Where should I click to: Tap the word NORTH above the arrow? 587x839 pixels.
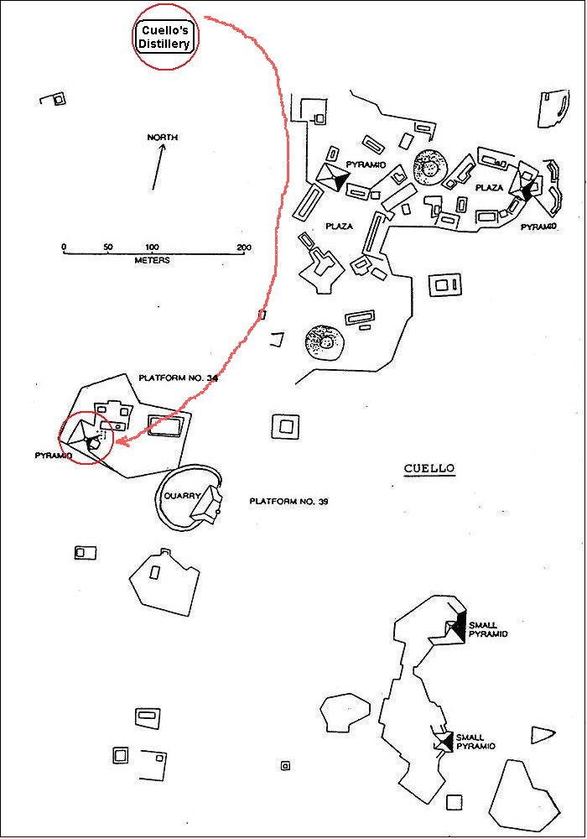point(163,138)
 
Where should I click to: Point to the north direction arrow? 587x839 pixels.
point(157,167)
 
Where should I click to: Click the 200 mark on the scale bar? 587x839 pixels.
point(243,248)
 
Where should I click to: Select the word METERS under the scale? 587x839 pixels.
point(152,261)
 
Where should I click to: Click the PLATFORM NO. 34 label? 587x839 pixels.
point(178,378)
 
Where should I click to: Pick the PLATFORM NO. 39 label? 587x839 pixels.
point(288,501)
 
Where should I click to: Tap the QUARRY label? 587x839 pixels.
point(180,496)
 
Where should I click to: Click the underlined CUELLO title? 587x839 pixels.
point(429,469)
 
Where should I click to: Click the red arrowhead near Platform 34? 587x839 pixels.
point(118,440)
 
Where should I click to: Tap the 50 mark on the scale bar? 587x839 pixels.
point(108,248)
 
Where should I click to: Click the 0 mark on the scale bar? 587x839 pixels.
point(64,248)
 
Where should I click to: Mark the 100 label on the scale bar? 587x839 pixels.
point(153,248)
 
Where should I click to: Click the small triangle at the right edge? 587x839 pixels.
point(541,735)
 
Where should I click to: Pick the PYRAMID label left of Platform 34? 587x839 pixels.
point(53,455)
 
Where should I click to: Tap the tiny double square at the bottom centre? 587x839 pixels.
point(286,765)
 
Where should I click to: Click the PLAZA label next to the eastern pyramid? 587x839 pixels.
point(489,188)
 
